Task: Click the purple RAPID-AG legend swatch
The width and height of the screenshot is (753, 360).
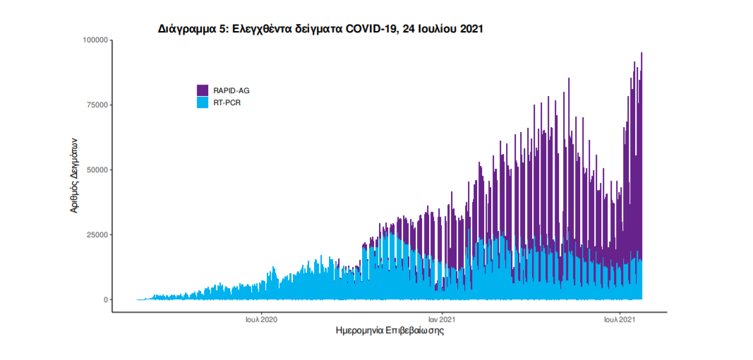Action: pos(203,90)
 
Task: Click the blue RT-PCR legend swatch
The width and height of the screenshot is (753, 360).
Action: pos(203,102)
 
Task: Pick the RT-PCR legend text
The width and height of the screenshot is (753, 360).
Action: pos(227,102)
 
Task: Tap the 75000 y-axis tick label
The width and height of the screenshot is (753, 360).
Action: pos(95,105)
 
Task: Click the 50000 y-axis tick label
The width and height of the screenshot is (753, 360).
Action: pos(95,170)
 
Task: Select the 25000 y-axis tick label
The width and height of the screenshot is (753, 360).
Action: pos(95,235)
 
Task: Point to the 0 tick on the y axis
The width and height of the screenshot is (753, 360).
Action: pos(105,300)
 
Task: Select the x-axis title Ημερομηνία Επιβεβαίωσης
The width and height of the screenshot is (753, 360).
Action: pos(390,330)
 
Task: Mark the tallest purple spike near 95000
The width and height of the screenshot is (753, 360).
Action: pos(641,54)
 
